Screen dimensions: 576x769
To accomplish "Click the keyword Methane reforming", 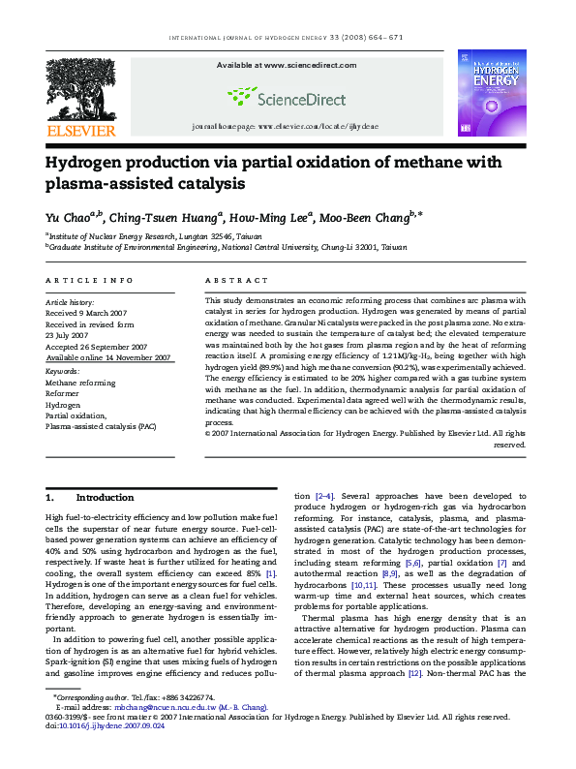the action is [x=80, y=383].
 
